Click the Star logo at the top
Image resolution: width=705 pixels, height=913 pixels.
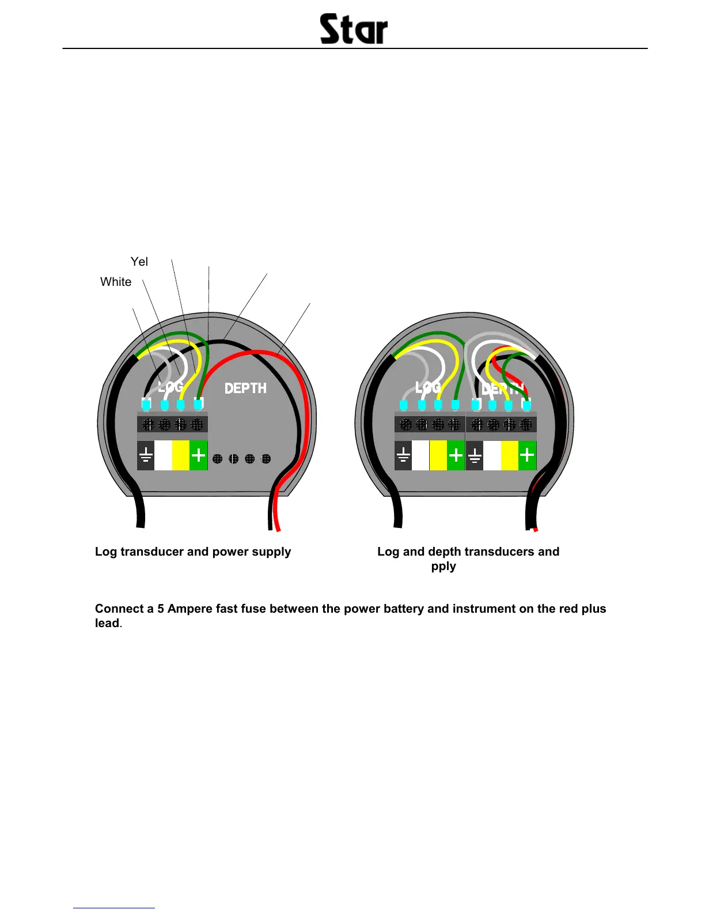point(354,29)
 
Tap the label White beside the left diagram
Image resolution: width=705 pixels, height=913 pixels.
point(116,282)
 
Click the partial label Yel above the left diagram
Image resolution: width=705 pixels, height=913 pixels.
point(139,262)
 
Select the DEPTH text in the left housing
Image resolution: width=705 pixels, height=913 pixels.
point(245,388)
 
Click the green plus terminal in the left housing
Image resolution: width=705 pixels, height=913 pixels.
point(198,455)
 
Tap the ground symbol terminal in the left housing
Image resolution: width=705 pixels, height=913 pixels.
point(146,455)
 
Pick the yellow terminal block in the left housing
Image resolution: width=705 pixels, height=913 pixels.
point(180,455)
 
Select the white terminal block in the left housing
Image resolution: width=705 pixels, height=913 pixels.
point(163,455)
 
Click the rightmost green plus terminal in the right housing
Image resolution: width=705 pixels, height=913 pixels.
point(527,455)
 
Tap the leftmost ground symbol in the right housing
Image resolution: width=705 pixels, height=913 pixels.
point(403,455)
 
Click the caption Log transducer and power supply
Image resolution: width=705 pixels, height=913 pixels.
point(193,552)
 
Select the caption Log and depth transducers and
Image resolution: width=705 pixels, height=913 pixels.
point(468,552)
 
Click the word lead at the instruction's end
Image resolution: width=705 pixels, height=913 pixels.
point(107,623)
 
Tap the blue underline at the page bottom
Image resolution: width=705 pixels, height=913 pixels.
point(114,908)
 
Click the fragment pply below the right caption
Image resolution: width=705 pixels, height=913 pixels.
point(444,566)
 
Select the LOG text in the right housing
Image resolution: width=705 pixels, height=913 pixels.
point(428,387)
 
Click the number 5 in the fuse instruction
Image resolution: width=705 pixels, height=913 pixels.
point(161,609)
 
